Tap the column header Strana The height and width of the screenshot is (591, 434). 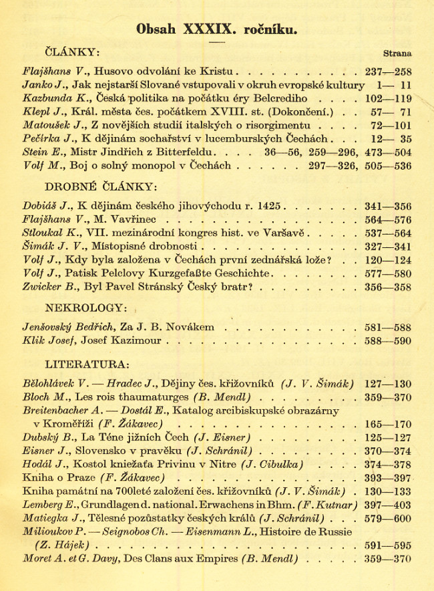tap(397, 53)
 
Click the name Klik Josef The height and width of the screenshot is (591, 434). tap(51, 341)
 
